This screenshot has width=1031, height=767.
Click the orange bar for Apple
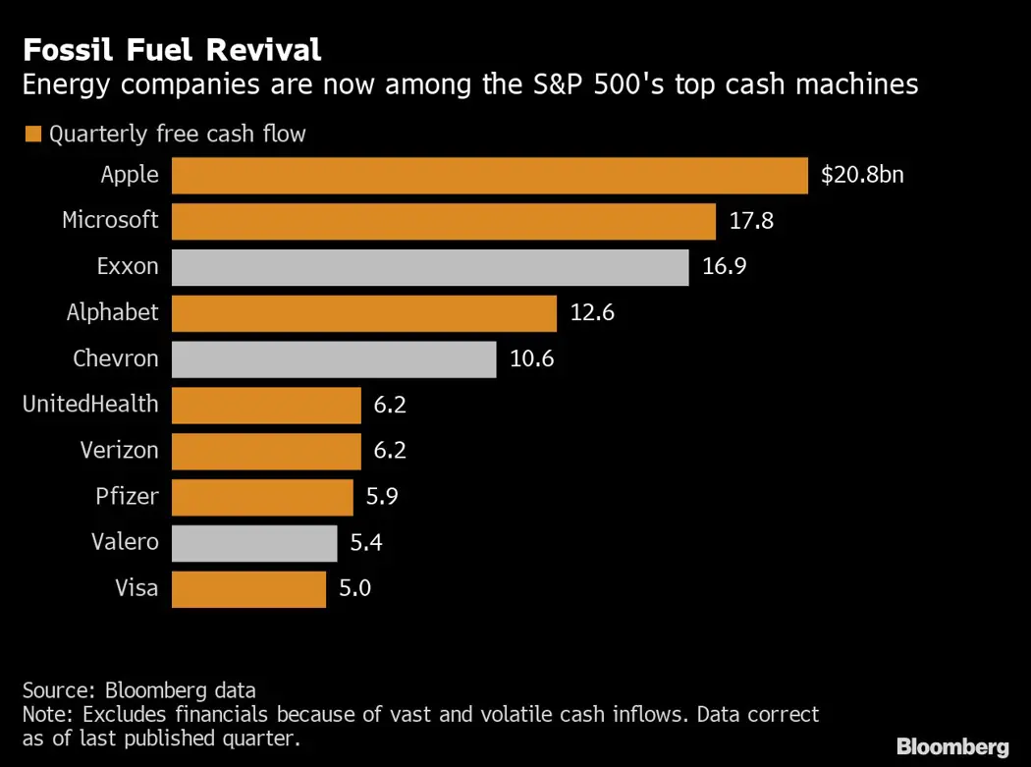click(x=489, y=176)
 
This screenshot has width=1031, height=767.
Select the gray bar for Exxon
click(x=430, y=267)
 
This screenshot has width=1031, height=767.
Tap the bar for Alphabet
click(x=364, y=313)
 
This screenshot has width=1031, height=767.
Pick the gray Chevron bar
click(x=334, y=359)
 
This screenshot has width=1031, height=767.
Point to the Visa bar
click(x=248, y=589)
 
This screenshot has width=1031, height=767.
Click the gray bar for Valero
click(x=254, y=543)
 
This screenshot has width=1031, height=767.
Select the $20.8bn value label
click(x=862, y=176)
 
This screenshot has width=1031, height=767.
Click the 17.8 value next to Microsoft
click(x=751, y=221)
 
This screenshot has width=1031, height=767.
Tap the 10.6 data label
click(x=532, y=359)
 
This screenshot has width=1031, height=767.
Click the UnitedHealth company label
click(x=90, y=405)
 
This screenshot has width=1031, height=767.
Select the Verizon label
click(x=119, y=451)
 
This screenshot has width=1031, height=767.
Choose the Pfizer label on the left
click(x=128, y=497)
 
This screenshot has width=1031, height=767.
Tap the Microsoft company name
click(x=110, y=221)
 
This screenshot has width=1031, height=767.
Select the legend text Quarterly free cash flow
click(x=178, y=135)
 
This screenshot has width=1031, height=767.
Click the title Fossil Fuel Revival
click(x=172, y=49)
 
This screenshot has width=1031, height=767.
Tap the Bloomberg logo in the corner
click(x=952, y=746)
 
